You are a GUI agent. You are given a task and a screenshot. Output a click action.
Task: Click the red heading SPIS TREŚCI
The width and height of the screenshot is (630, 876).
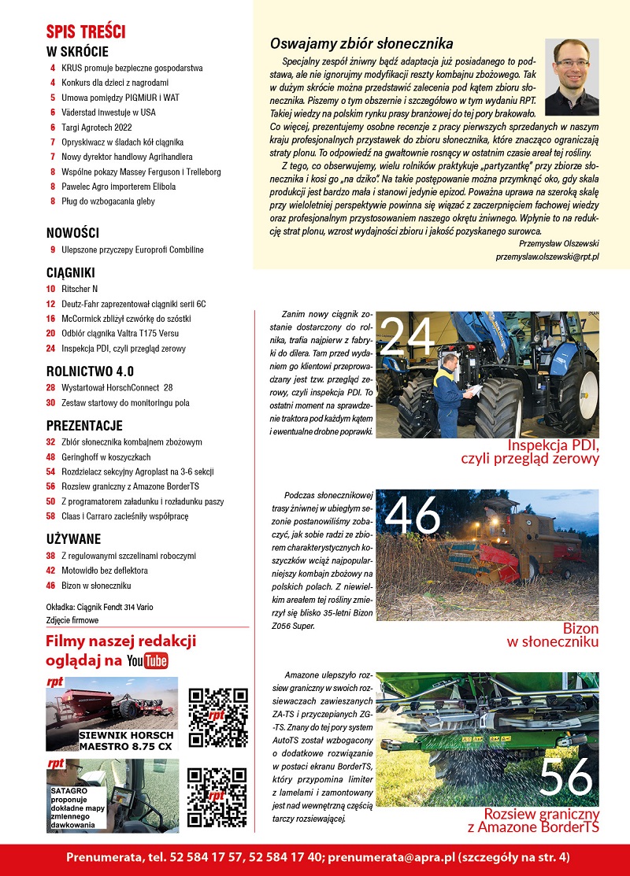coord(86,32)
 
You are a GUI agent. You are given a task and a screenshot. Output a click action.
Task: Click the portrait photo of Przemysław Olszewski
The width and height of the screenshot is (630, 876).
coord(572,76)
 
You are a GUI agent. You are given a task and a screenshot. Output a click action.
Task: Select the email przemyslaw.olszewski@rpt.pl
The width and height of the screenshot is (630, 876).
coord(547,257)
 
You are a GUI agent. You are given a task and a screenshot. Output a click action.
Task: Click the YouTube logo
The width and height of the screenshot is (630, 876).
coord(147,660)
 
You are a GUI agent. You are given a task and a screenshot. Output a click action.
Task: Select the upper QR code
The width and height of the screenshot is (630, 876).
coord(218,717)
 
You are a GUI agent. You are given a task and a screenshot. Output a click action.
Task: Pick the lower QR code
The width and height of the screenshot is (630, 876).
coord(218,797)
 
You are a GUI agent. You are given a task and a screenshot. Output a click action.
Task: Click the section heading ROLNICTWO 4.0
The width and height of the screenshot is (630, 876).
coord(90,371)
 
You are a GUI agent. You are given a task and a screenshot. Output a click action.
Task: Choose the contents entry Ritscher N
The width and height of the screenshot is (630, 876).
coord(79,289)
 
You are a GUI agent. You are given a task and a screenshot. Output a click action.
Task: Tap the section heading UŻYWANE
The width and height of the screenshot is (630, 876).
coord(73,539)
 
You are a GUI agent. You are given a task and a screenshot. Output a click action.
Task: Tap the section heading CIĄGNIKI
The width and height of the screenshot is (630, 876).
coord(71,272)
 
